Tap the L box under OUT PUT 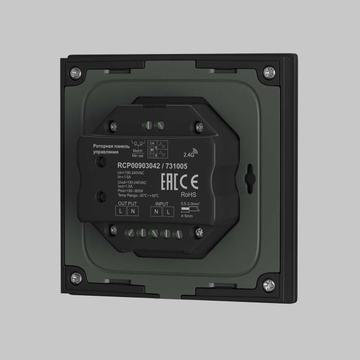click(121, 212)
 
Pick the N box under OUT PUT click(133, 212)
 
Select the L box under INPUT click(168, 212)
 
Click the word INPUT click(161, 204)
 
